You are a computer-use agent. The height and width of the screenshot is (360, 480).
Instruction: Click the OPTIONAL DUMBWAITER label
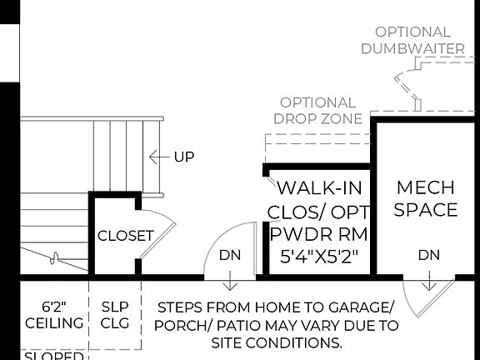[412, 40]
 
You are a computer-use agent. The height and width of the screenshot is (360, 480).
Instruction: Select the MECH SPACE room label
[426, 198]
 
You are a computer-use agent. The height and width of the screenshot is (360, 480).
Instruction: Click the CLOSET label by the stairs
[126, 236]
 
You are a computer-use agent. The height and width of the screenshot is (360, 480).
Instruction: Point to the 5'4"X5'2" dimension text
[320, 256]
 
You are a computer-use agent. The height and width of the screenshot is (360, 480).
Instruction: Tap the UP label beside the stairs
[184, 157]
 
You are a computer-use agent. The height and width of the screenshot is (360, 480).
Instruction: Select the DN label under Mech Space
[428, 254]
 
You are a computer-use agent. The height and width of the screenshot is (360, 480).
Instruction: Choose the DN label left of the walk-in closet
[228, 255]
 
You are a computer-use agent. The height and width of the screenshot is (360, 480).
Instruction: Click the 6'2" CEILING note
[53, 314]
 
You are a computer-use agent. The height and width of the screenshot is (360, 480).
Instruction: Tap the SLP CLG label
[115, 314]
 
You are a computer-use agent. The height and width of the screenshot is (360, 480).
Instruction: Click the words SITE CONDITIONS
[276, 342]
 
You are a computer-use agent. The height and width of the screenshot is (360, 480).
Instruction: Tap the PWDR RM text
[319, 233]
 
